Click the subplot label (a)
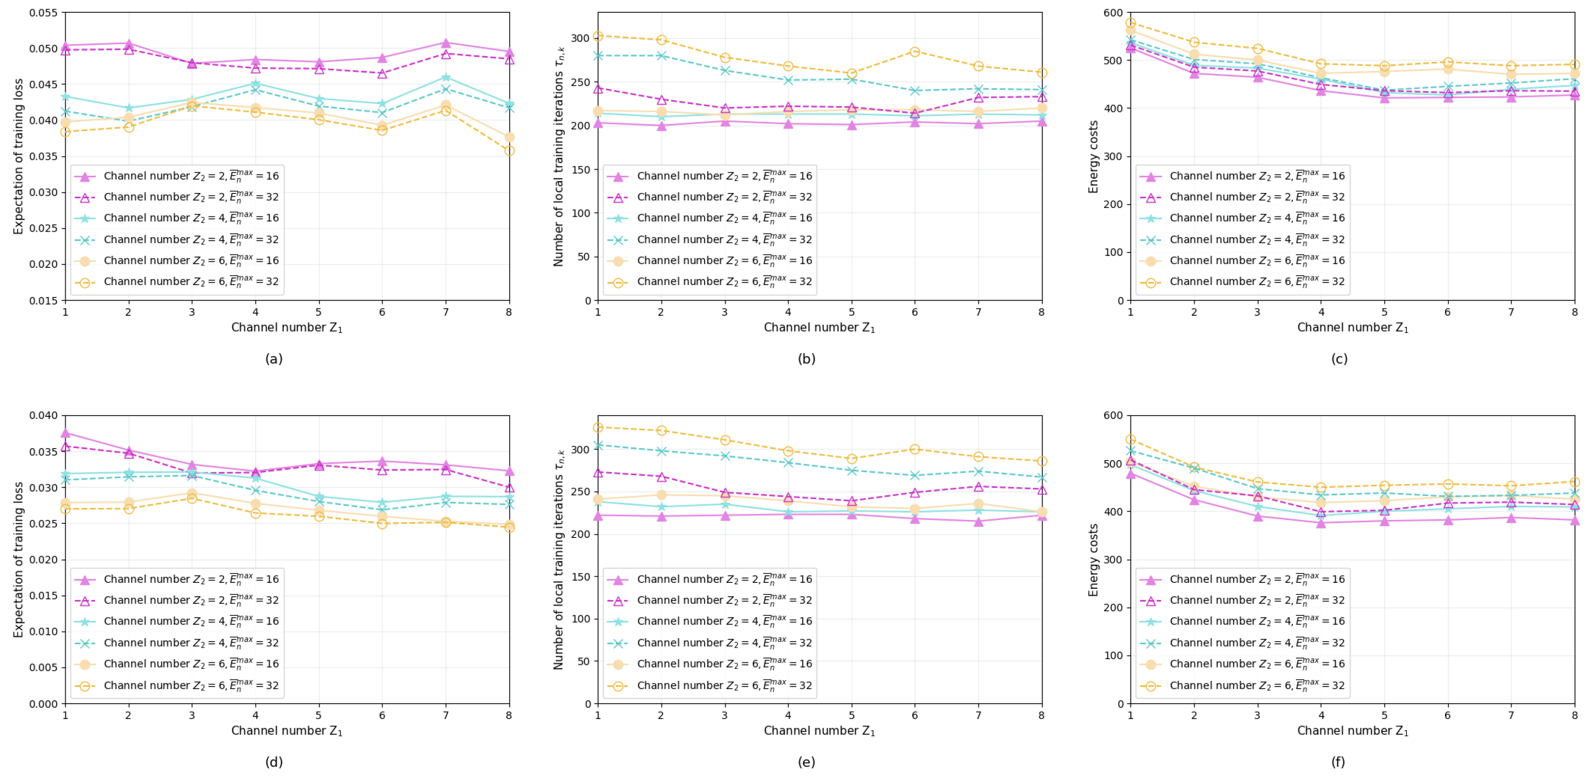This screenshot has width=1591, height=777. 273,358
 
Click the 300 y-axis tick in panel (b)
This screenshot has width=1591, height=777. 580,38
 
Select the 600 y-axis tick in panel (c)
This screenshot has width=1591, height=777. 1113,13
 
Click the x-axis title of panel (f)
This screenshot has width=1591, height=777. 1352,731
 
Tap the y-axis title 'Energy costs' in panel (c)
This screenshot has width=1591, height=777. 1093,157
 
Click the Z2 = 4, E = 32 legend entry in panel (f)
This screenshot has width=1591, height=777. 1257,642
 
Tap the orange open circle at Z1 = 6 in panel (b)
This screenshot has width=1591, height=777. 915,52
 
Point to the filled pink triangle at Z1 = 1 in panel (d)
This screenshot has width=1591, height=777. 65,433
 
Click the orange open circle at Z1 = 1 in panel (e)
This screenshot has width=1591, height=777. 598,427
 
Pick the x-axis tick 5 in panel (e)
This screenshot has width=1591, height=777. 851,715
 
